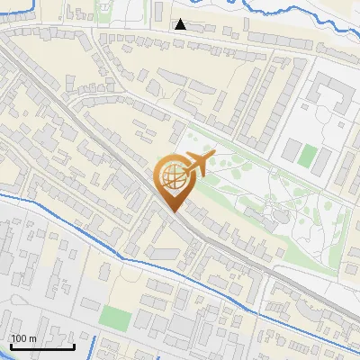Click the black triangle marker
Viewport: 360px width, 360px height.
click(x=181, y=24)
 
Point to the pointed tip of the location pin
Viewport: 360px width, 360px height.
click(x=173, y=212)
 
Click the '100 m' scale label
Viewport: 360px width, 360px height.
click(x=24, y=337)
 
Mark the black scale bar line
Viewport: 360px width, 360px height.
click(x=42, y=346)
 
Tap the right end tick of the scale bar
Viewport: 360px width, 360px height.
click(x=74, y=345)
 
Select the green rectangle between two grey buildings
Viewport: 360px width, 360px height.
click(x=309, y=155)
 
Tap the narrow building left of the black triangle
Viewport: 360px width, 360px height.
click(x=159, y=14)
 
